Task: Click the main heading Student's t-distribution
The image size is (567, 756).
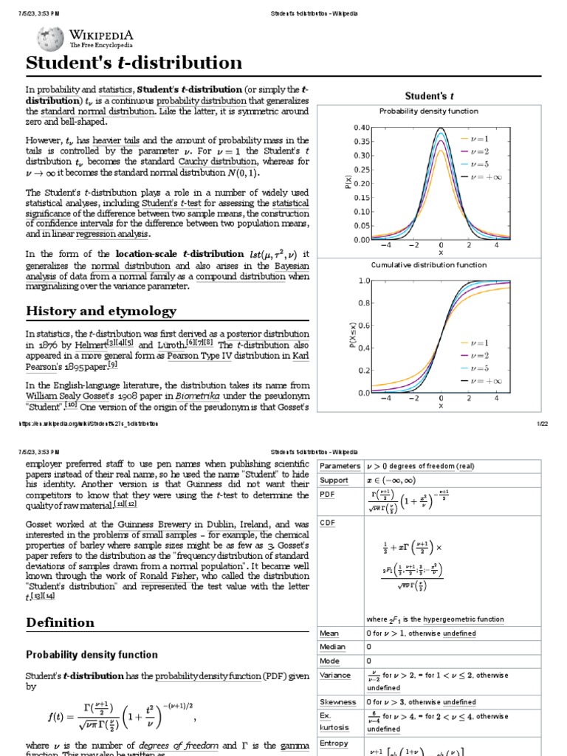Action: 134,63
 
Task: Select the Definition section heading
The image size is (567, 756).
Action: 61,622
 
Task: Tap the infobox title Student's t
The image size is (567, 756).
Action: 429,96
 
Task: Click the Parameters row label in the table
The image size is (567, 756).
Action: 340,466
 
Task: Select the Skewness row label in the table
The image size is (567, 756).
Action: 337,702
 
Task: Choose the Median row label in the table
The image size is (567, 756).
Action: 333,647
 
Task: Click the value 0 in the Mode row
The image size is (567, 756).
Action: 369,661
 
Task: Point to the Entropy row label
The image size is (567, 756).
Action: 334,743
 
